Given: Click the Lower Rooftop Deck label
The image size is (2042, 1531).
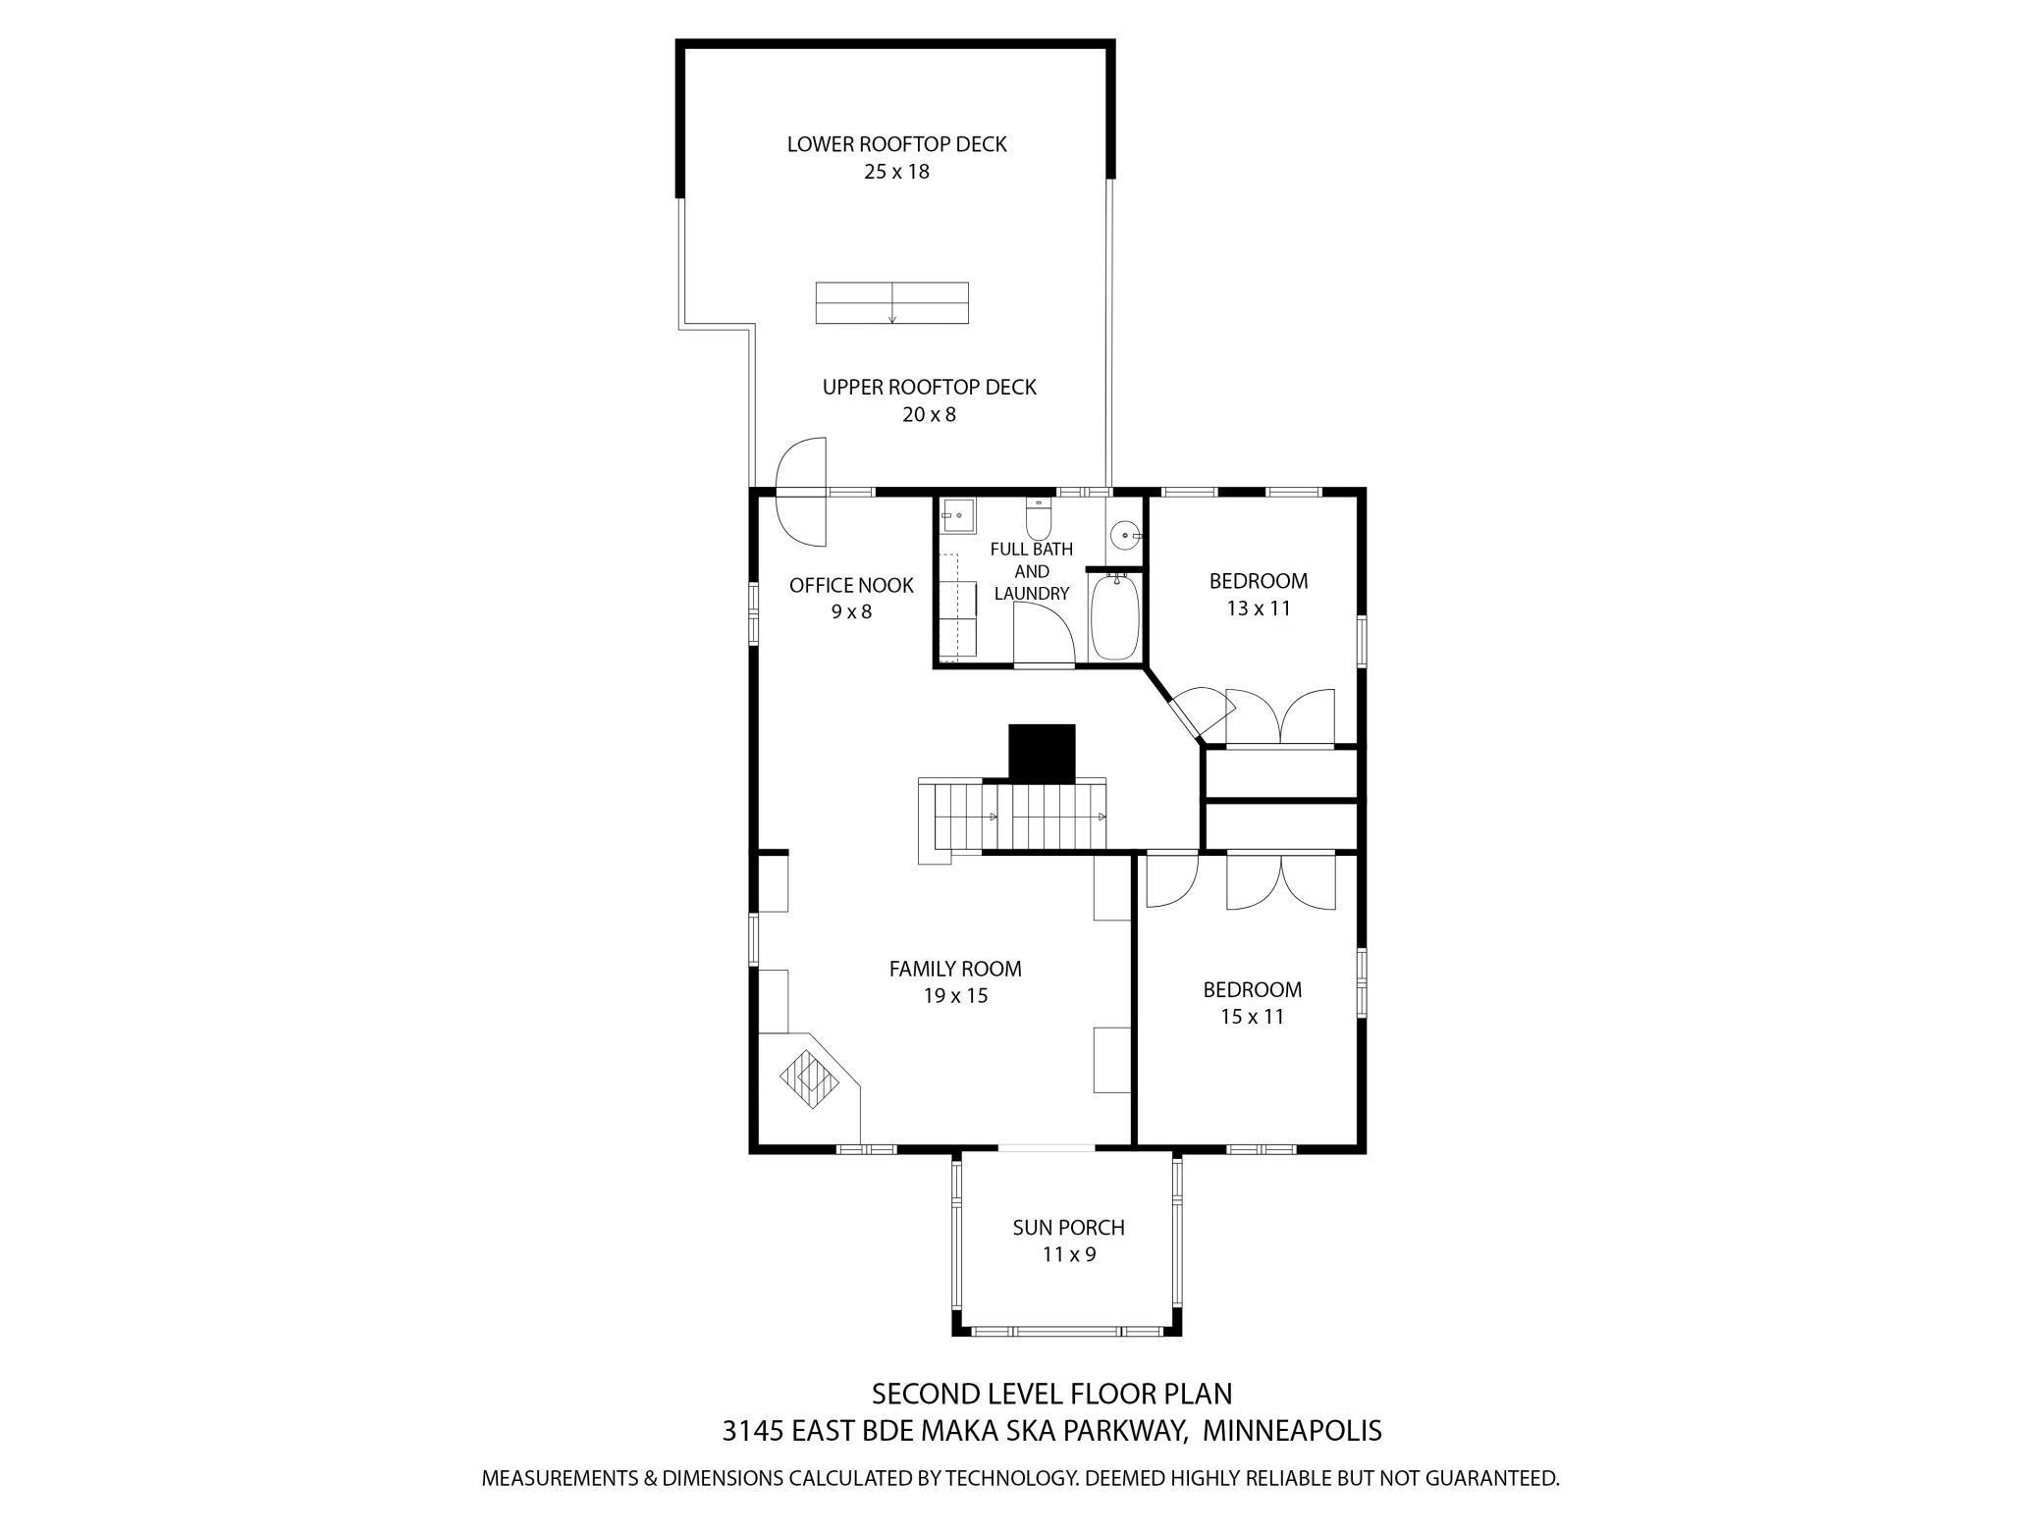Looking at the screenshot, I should (x=896, y=144).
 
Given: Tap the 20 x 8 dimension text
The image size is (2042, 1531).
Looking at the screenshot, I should (x=929, y=414).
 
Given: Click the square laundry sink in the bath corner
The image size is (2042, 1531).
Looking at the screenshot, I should (x=956, y=515).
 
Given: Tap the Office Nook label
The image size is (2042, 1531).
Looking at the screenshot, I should (x=851, y=586).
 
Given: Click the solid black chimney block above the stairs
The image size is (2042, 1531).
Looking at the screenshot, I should (x=1042, y=753).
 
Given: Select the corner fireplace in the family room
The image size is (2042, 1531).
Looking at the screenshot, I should (x=810, y=1081).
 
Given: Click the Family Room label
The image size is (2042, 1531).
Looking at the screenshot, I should (x=955, y=969).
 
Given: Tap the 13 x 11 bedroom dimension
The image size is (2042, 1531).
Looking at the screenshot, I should (x=1259, y=608).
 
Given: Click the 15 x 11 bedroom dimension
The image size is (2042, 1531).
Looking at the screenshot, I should (x=1252, y=1017).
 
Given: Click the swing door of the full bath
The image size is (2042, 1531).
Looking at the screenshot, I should (x=1044, y=635).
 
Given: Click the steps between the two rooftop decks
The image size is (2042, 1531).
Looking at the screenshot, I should (x=891, y=302).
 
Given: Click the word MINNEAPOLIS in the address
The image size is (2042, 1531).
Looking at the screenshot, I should (x=1292, y=1431).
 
